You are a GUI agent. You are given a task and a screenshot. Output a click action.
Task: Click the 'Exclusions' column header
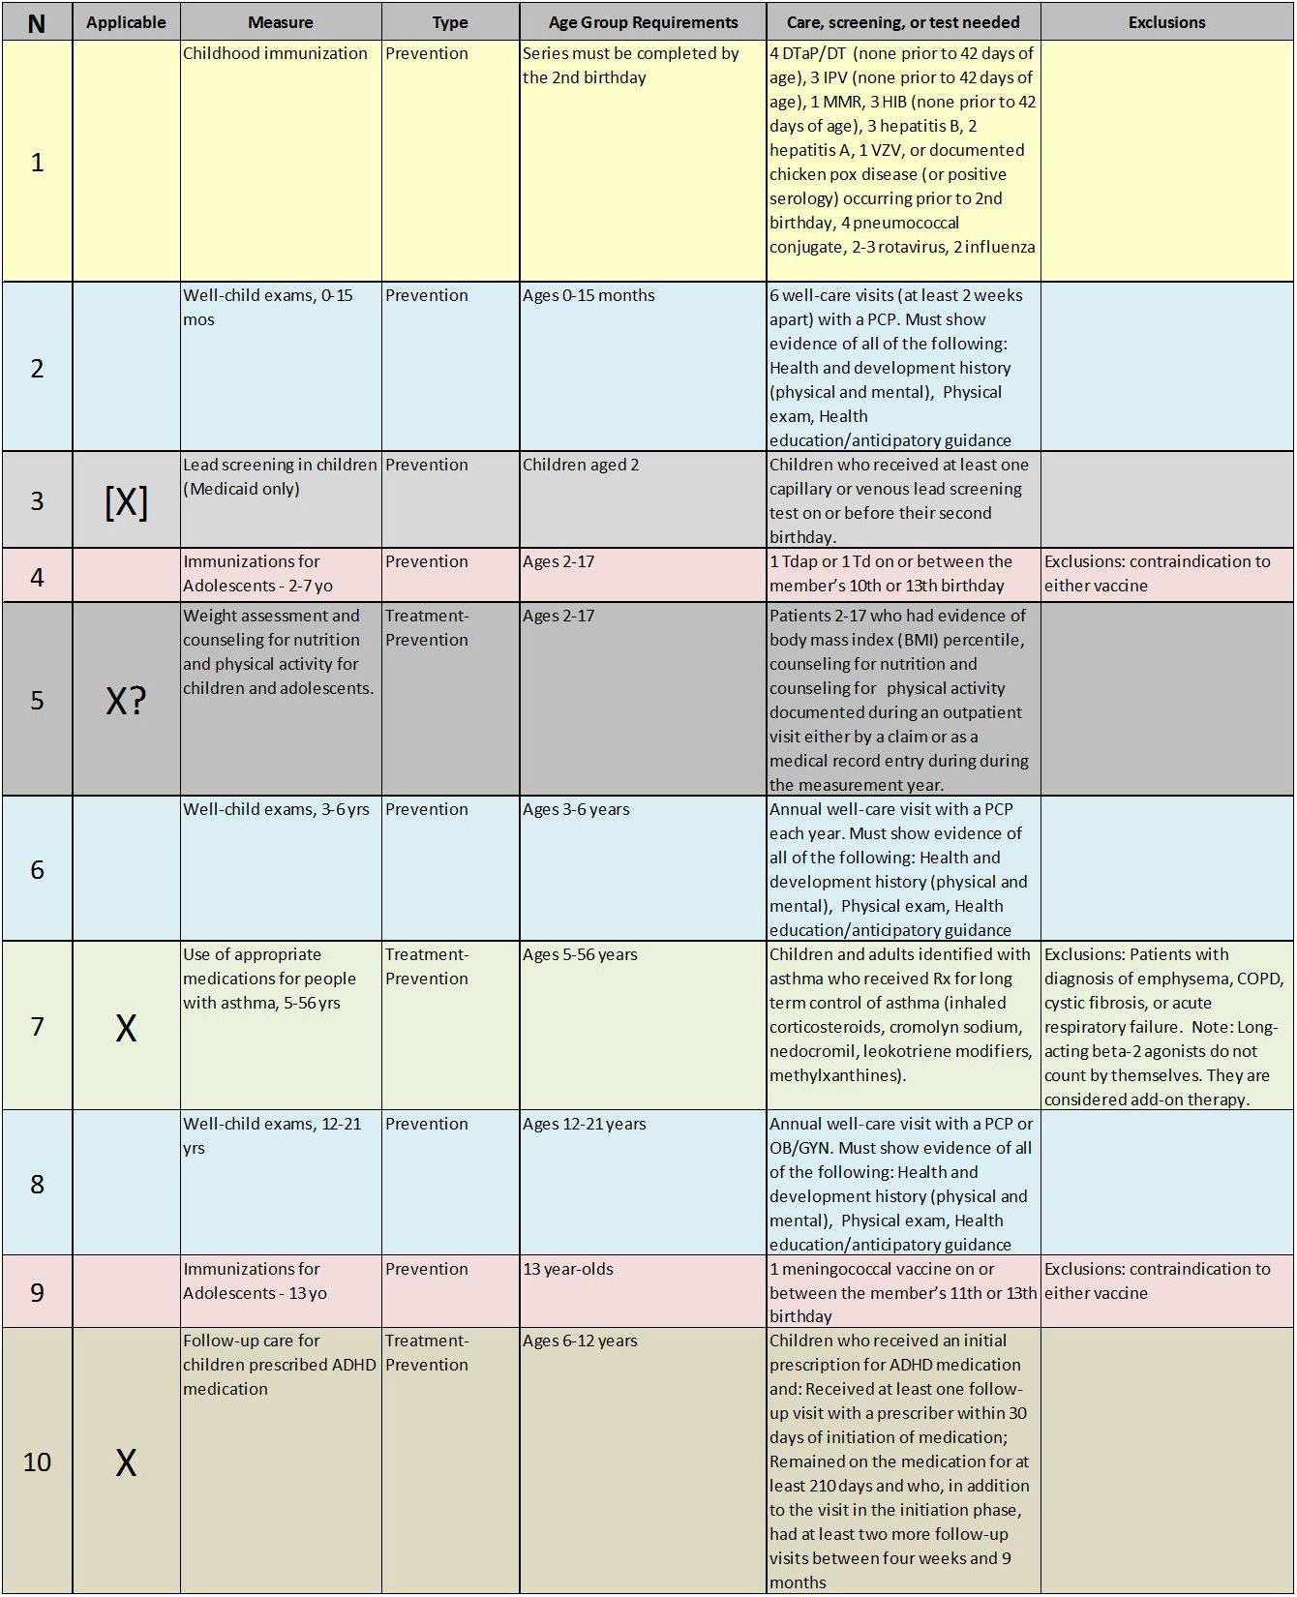1166,22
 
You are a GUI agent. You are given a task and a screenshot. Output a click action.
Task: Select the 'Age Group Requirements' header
643,22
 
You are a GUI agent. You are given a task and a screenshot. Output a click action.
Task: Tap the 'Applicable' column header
126,22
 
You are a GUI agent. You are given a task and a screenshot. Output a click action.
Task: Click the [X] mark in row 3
126,501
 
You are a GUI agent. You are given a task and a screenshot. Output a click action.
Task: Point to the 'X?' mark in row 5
126,701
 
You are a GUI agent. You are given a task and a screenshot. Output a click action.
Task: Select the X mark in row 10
126,1462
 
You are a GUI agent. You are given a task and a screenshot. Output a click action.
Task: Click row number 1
37,162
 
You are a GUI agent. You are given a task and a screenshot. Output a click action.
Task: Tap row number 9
37,1292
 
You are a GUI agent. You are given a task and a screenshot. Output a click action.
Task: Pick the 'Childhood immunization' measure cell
275,54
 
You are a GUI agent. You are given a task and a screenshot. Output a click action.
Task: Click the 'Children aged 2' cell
581,466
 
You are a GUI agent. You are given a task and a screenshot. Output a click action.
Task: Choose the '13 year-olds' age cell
568,1270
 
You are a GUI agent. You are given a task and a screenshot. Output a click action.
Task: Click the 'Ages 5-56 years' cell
580,955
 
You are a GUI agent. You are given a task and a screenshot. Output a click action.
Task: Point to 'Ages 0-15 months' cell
588,296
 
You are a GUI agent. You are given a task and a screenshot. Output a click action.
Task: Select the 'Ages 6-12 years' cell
580,1341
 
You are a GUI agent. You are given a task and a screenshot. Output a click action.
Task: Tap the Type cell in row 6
427,810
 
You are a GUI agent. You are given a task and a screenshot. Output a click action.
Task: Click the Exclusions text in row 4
1157,574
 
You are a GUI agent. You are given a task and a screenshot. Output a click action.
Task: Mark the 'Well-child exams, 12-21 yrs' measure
271,1135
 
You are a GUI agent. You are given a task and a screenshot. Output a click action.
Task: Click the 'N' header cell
37,22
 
